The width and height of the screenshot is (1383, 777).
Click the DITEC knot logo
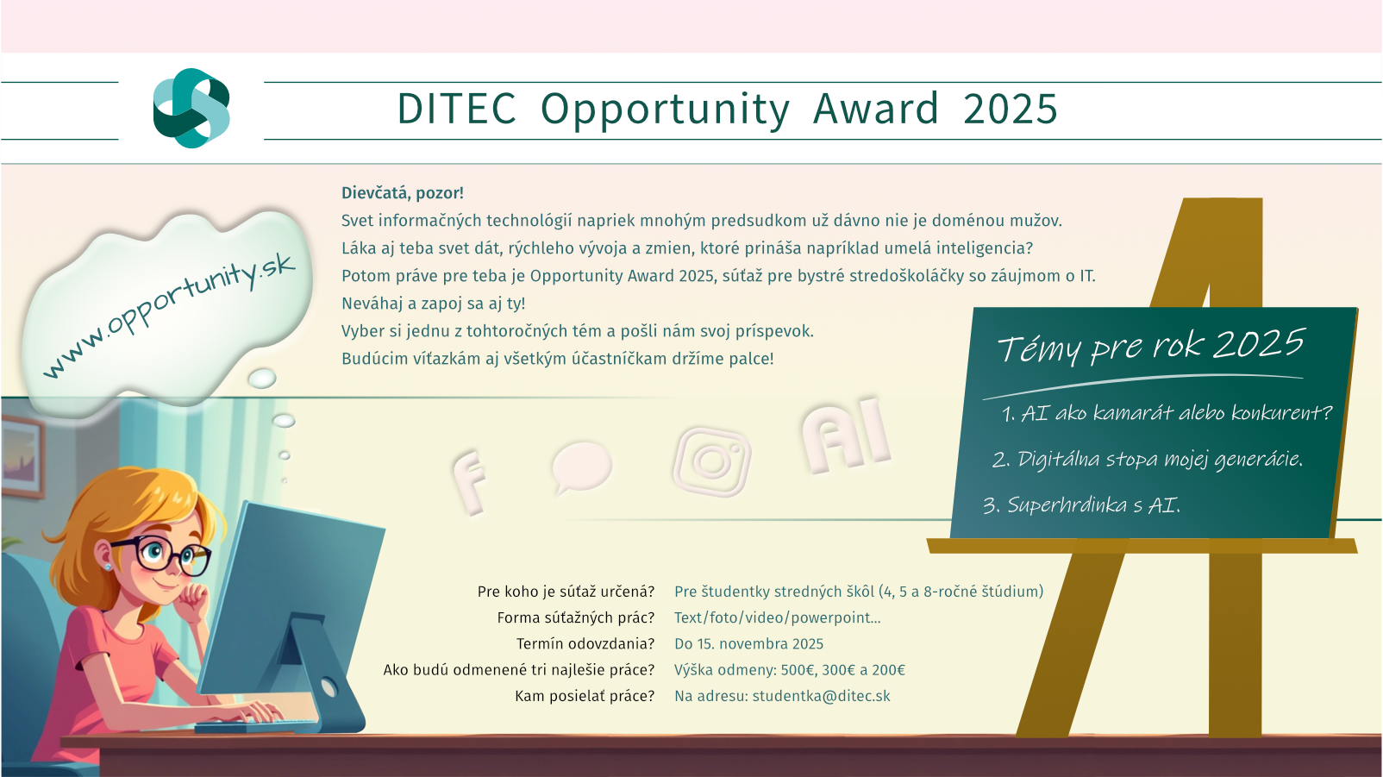[x=191, y=108]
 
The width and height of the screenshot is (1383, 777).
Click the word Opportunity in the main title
[x=665, y=110]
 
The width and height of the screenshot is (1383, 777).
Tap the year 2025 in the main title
[x=1010, y=109]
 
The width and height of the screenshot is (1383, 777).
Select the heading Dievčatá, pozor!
[x=402, y=193]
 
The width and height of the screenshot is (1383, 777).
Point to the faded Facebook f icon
[x=470, y=482]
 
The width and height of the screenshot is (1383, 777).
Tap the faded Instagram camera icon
[x=712, y=462]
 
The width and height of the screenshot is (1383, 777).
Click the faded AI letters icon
[x=847, y=436]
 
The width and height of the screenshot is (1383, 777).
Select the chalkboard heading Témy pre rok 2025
[x=1151, y=345]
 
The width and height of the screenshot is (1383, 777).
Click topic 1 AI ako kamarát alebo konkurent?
[x=1167, y=412]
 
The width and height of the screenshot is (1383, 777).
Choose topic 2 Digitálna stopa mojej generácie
[x=1147, y=459]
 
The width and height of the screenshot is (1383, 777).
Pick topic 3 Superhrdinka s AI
[x=1082, y=505]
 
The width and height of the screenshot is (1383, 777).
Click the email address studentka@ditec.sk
[x=821, y=696]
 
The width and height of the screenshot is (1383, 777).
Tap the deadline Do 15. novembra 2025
[x=749, y=643]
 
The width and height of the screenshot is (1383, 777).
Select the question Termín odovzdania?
[x=585, y=643]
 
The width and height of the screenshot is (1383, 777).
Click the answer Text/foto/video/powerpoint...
[x=778, y=617]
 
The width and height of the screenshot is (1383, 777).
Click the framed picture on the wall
[x=22, y=456]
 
